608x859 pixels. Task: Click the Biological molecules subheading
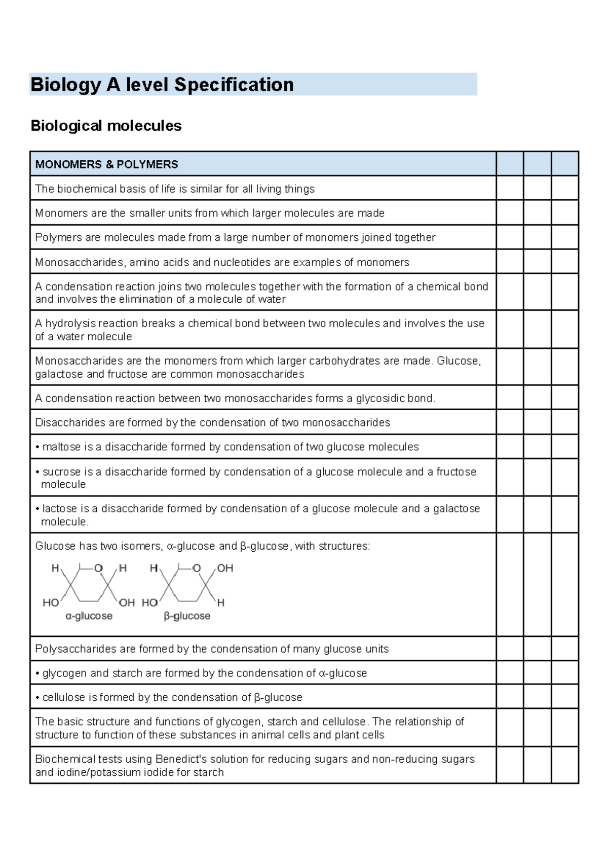[x=106, y=126]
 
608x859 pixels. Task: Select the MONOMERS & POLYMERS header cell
[x=262, y=164]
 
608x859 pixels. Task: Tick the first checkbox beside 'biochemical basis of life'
[x=510, y=188]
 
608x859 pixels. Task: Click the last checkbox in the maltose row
[x=564, y=447]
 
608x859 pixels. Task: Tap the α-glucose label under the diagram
[x=89, y=616]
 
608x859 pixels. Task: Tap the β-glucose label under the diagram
[x=186, y=616]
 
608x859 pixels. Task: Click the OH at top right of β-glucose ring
[x=225, y=568]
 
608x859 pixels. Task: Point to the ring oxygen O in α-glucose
[x=98, y=568]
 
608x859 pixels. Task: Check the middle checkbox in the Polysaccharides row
[x=537, y=649]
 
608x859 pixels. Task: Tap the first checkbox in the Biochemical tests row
[x=510, y=765]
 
